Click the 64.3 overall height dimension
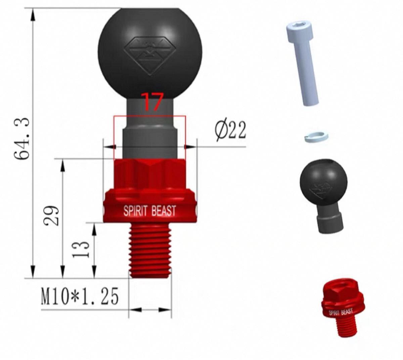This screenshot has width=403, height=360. click(22, 138)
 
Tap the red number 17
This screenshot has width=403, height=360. click(152, 102)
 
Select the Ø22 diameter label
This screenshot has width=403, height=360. click(231, 131)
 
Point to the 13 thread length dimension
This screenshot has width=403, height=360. click(81, 249)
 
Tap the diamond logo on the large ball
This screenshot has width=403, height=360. click(149, 56)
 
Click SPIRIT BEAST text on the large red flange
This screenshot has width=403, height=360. click(150, 211)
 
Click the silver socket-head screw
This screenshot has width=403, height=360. click(302, 64)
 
